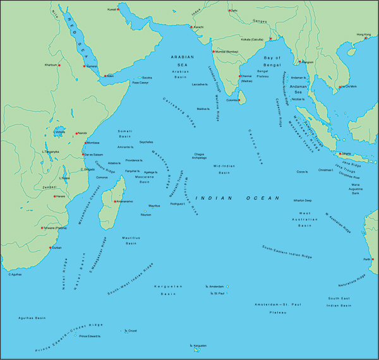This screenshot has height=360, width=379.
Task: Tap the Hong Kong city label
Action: [363, 34]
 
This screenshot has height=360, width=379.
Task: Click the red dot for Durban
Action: [51, 248]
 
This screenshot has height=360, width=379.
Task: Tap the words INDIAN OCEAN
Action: [237, 198]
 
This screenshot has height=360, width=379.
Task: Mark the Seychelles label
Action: [147, 141]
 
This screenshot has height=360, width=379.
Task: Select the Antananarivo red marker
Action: [114, 201]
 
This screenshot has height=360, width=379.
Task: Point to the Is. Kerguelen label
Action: [198, 345]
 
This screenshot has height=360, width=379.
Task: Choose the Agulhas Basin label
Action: [32, 318]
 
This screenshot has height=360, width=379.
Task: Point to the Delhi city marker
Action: [230, 11]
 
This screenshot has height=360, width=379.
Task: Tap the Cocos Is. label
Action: [302, 172]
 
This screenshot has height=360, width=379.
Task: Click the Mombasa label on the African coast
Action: [93, 143]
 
